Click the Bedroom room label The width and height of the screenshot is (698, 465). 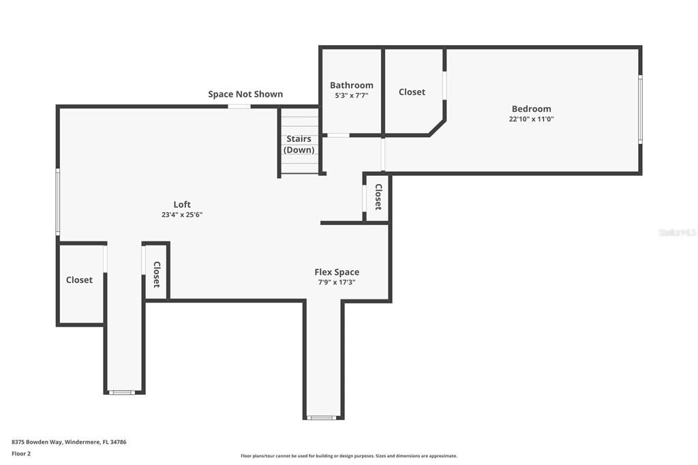tap(531, 108)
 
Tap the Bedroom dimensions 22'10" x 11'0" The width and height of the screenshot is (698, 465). tap(531, 119)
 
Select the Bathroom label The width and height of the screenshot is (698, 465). tap(351, 85)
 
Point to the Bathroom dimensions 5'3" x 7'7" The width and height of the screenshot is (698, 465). tap(351, 95)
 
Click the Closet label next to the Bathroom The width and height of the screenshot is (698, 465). tap(412, 92)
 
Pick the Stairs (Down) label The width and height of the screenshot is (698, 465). tap(299, 144)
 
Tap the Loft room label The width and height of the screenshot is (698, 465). tap(182, 204)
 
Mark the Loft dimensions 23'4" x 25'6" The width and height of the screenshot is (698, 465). tap(182, 214)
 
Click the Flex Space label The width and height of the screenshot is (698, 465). tap(337, 272)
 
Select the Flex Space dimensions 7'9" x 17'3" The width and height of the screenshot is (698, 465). tap(337, 282)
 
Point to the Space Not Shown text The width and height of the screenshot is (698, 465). tap(245, 94)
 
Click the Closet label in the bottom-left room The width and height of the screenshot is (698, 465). tap(79, 280)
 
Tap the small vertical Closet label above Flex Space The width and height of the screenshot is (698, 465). tap(378, 197)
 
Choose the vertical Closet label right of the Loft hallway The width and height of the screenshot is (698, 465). tap(157, 275)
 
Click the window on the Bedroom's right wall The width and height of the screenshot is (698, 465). tap(640, 109)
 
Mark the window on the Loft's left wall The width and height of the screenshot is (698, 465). tap(58, 202)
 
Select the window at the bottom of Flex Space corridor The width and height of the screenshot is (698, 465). tap(323, 417)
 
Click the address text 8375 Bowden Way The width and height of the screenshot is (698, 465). tap(69, 442)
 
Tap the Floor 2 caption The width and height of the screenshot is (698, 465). tap(21, 453)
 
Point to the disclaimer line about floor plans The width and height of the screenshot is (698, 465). tap(348, 456)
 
